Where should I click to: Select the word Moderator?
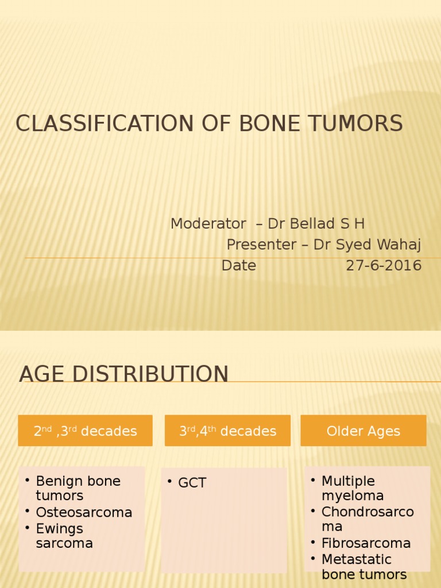(x=208, y=224)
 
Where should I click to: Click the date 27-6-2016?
(x=384, y=266)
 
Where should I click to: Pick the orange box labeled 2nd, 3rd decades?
(x=85, y=431)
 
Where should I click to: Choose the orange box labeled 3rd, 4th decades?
(x=227, y=431)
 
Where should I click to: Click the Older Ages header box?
(x=363, y=431)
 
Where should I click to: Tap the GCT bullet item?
(x=192, y=483)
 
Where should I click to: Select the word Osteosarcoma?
(x=84, y=512)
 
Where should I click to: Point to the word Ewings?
(x=59, y=528)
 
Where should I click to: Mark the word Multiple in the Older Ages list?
(x=348, y=481)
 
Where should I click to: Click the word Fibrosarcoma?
(x=366, y=543)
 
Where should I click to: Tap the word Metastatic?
(x=356, y=559)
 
